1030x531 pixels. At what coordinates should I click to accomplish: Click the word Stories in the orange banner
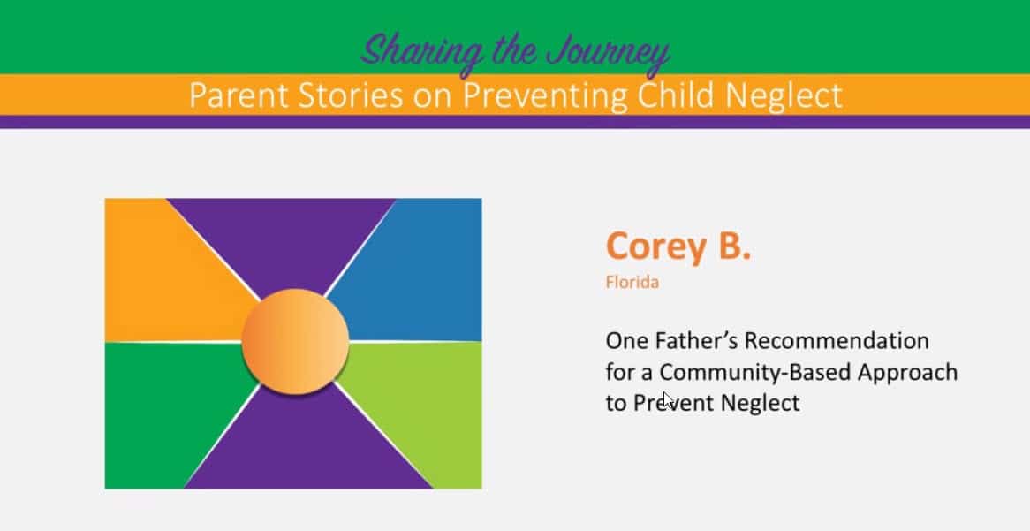(350, 95)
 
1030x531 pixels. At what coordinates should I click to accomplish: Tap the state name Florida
(632, 283)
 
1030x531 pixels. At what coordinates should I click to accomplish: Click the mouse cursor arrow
(668, 400)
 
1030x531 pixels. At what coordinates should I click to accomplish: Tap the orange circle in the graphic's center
(295, 341)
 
